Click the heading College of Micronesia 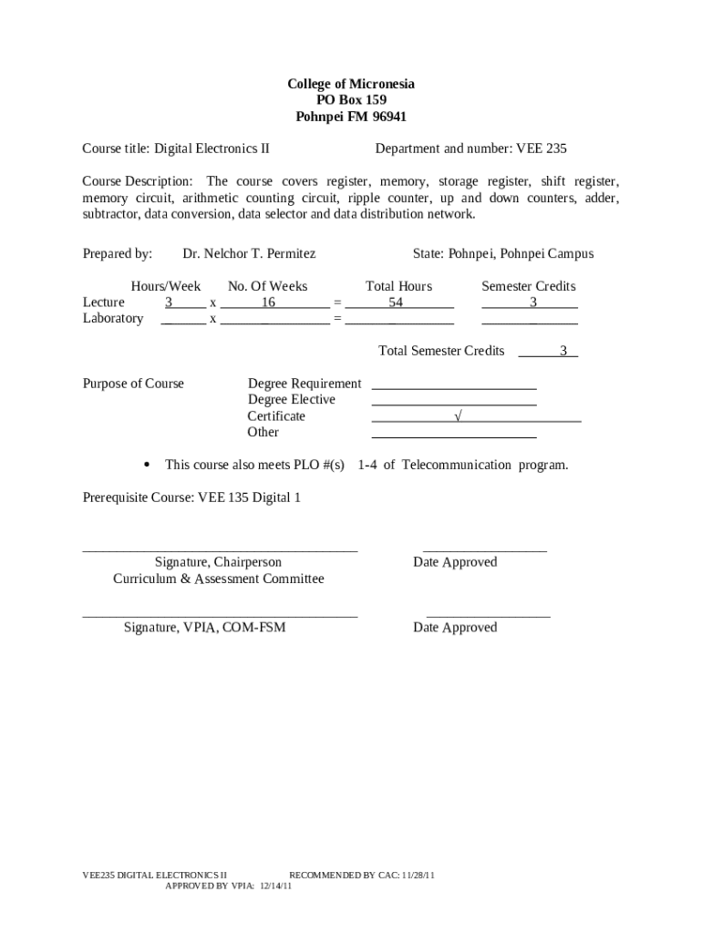[351, 84]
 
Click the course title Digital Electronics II [212, 149]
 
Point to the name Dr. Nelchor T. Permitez [249, 254]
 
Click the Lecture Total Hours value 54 [396, 302]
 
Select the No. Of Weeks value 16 [269, 302]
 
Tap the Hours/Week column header [166, 286]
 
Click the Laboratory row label [113, 318]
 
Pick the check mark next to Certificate [458, 416]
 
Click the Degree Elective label [291, 400]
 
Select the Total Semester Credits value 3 [563, 351]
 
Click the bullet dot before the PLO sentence [147, 465]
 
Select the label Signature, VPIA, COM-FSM [204, 627]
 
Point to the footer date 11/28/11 [418, 875]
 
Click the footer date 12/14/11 [274, 885]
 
